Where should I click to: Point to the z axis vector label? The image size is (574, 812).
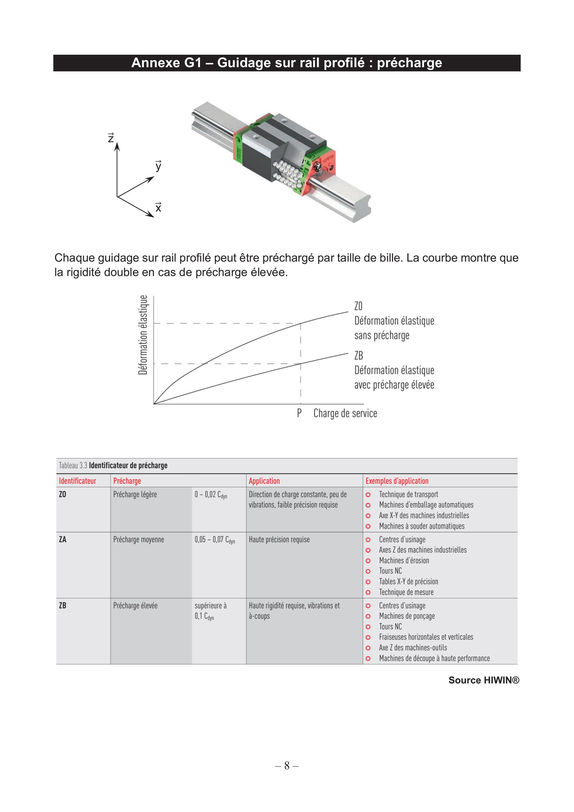[111, 137]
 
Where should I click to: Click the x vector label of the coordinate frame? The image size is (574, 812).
[159, 207]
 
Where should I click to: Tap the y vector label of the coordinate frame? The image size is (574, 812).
[159, 166]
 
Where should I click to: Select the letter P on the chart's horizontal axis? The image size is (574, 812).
[299, 413]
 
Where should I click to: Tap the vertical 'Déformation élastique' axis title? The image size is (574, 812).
[143, 335]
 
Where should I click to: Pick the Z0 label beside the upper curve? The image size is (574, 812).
[358, 306]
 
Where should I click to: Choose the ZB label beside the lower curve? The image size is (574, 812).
[359, 355]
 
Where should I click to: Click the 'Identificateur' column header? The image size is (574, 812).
[77, 481]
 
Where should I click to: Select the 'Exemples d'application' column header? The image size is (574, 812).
[397, 481]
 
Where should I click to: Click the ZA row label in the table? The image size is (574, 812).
[62, 539]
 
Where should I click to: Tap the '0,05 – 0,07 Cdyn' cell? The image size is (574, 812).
[215, 540]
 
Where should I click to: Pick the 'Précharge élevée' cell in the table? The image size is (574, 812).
[135, 605]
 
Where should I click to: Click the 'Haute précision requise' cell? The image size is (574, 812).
[279, 539]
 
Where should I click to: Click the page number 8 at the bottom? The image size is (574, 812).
[287, 765]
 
